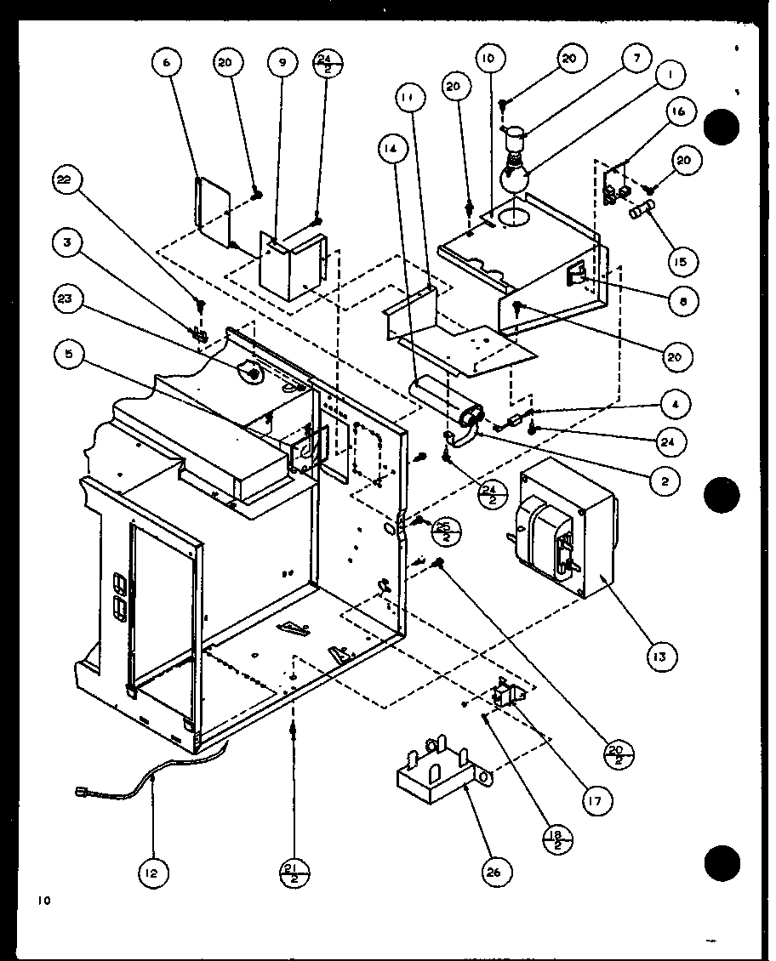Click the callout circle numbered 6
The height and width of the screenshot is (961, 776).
167,63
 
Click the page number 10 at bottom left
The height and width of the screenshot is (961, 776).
44,899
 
